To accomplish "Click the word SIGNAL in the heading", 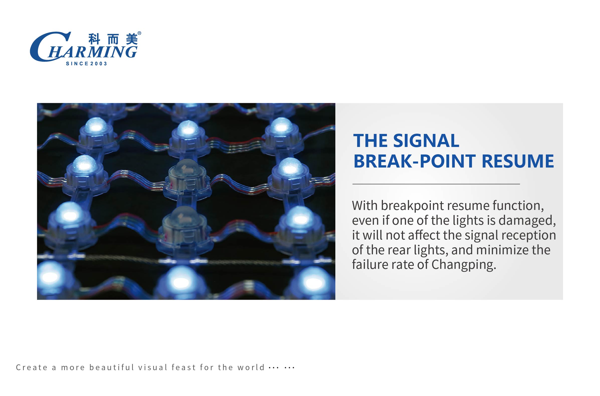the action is tap(426, 140).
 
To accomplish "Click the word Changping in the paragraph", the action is tap(463, 265).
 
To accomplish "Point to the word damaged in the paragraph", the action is tap(527, 220).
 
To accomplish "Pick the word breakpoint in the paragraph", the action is tap(412, 206).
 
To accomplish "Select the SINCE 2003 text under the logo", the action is tap(86, 64).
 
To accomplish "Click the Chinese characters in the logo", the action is tap(113, 39).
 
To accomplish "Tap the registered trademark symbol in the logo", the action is tap(139, 33).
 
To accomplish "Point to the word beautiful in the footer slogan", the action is tap(112, 367).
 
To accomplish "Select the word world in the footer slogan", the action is tap(251, 367).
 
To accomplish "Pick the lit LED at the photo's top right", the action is tap(281, 135).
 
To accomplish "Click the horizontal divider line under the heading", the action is tap(436, 184).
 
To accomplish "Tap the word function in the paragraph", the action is tap(518, 206).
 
